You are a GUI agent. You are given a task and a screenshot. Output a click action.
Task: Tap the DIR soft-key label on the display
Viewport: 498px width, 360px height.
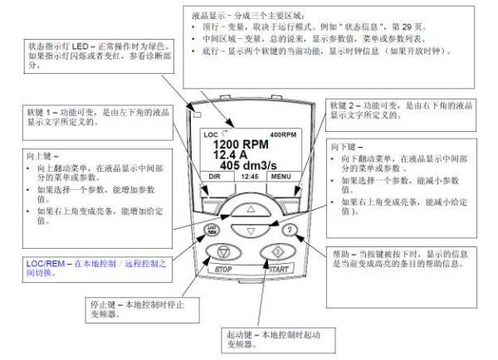click(x=213, y=177)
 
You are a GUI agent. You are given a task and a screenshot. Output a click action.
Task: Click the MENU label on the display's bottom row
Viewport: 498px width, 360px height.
click(x=280, y=177)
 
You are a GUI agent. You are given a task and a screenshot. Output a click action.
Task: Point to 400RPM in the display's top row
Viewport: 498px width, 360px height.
click(x=283, y=134)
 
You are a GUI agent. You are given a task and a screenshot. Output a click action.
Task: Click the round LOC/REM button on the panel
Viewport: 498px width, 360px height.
click(x=212, y=230)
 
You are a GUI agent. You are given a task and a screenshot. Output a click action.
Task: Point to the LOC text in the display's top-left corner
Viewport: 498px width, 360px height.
click(x=211, y=134)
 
